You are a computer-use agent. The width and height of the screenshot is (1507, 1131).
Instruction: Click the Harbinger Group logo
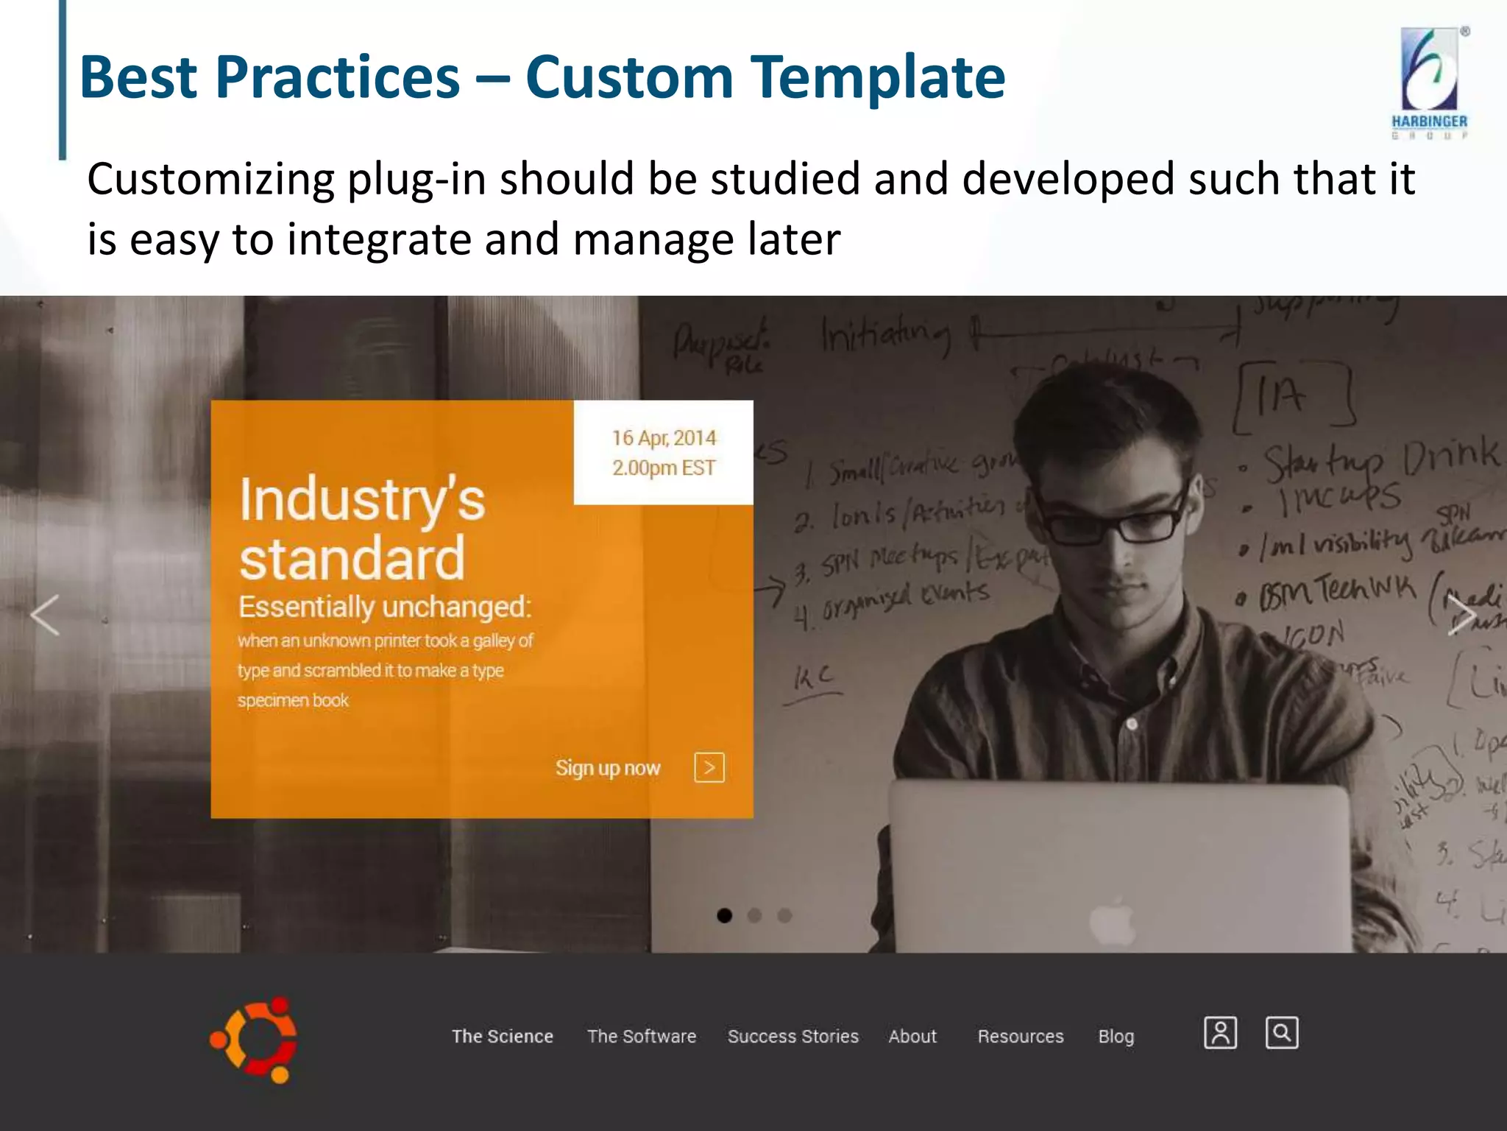coord(1429,82)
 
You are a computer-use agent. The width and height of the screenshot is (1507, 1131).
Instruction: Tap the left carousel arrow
coord(45,616)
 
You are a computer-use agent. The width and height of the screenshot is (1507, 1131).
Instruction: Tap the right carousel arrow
coord(1460,616)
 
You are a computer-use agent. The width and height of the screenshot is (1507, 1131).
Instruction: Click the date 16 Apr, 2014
coord(664,438)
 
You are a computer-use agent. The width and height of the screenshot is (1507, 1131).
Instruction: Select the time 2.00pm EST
coord(664,468)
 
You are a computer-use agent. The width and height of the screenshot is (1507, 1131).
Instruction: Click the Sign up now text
coord(608,768)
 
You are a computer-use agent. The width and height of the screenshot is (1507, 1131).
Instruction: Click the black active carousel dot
coord(724,915)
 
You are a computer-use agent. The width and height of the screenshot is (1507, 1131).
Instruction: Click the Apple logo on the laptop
coord(1113,920)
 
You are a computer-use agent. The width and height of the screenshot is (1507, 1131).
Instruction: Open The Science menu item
coord(502,1036)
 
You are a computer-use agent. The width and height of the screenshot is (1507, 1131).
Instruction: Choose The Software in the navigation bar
coord(641,1036)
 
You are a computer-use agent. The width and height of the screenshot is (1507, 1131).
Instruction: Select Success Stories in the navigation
coord(792,1036)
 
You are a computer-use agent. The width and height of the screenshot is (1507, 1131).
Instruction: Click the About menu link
coord(912,1036)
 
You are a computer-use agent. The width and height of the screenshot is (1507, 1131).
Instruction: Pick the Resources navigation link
coord(1020,1036)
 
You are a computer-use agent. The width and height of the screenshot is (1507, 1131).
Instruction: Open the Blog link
coord(1116,1036)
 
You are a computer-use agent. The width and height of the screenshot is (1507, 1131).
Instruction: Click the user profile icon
coord(1220,1032)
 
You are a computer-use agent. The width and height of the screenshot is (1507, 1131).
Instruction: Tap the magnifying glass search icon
coord(1281,1032)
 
